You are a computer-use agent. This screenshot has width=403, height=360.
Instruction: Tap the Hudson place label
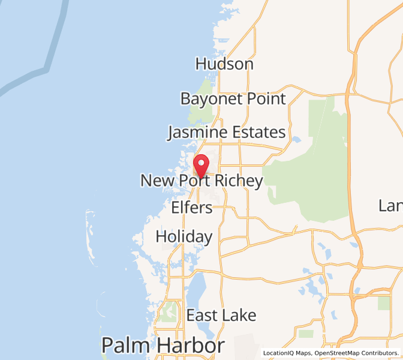tap(224, 64)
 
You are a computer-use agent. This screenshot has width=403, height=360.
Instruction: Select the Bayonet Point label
tap(233, 98)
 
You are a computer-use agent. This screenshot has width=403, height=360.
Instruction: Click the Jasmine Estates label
tap(226, 133)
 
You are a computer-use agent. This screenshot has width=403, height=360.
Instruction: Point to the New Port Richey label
tap(201, 181)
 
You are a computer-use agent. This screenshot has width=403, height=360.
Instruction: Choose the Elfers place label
tap(192, 208)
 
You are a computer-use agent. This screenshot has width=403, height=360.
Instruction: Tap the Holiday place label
tap(184, 237)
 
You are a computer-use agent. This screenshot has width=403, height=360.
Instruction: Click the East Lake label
tap(221, 316)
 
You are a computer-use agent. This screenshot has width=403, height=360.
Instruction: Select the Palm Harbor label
tap(163, 346)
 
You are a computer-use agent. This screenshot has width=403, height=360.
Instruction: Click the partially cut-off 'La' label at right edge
tap(390, 206)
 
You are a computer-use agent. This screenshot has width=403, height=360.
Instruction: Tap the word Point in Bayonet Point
tap(263, 98)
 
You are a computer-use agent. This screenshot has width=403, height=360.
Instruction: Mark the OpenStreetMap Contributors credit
tap(358, 353)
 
